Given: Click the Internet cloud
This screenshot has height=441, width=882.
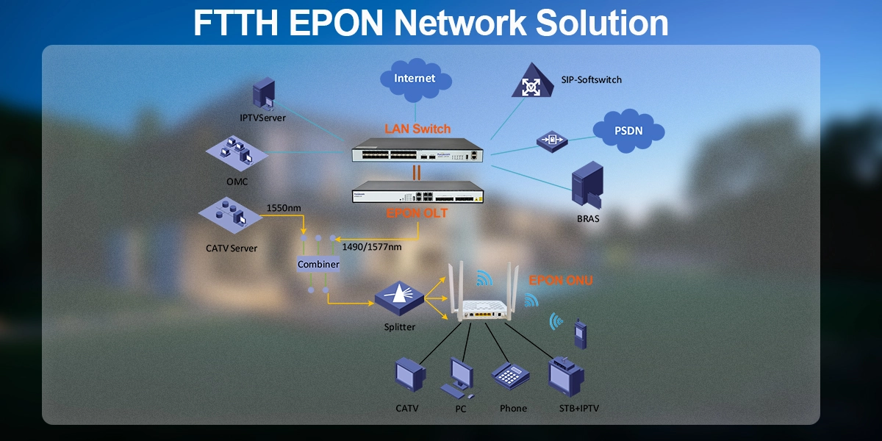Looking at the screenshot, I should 415,79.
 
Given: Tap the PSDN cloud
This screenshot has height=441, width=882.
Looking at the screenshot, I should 628,132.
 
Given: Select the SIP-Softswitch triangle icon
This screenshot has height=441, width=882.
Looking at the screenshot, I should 530,81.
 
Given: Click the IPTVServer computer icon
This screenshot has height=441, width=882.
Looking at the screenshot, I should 262,93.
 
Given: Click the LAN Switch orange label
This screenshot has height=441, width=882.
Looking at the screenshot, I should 417,129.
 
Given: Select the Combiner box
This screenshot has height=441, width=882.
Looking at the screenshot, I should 318,264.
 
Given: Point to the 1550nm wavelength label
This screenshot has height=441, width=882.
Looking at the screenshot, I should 284,208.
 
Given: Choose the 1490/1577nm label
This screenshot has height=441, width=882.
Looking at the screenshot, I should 372,247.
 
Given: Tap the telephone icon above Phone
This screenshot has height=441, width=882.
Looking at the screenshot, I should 511,377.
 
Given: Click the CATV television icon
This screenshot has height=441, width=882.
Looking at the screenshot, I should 409,376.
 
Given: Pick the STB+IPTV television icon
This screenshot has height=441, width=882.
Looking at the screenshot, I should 566,376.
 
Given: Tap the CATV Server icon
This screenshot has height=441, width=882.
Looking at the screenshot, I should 230,214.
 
